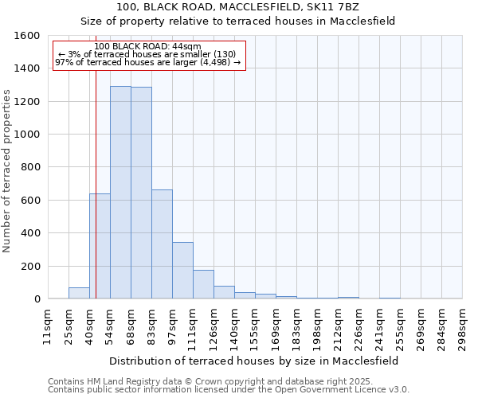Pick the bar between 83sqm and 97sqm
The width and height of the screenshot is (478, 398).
(x=162, y=244)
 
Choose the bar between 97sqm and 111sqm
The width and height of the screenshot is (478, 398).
(x=182, y=271)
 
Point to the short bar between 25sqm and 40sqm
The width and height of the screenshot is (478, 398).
(x=79, y=293)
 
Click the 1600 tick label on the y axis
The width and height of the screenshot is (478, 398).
(x=26, y=36)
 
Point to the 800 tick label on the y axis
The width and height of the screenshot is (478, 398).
(x=30, y=167)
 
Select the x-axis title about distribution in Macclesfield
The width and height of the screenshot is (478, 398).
(x=254, y=361)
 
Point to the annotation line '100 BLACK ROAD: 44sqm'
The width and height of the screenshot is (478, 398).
(x=147, y=46)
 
